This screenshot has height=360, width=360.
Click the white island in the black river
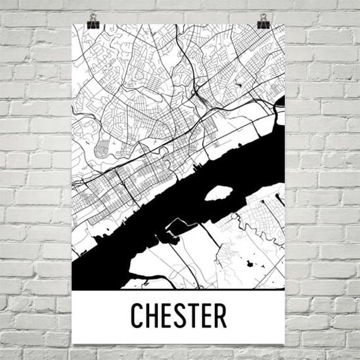[x=216, y=192]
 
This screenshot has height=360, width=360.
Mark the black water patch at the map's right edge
[x=280, y=101]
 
